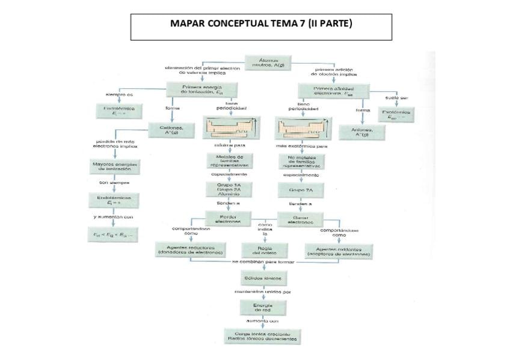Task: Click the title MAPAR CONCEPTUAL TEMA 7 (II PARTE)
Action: click(261, 25)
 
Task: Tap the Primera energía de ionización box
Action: click(202, 90)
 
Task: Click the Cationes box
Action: click(170, 130)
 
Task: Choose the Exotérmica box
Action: click(396, 113)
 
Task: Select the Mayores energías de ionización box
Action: click(115, 166)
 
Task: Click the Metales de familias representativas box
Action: click(230, 160)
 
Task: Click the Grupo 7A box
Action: click(301, 190)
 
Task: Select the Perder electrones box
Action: click(228, 218)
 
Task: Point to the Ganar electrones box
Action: click(300, 219)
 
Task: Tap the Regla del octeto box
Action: click(263, 249)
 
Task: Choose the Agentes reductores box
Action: click(190, 249)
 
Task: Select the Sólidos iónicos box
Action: click(263, 278)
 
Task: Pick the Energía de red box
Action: click(263, 308)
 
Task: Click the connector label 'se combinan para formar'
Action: click(264, 262)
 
